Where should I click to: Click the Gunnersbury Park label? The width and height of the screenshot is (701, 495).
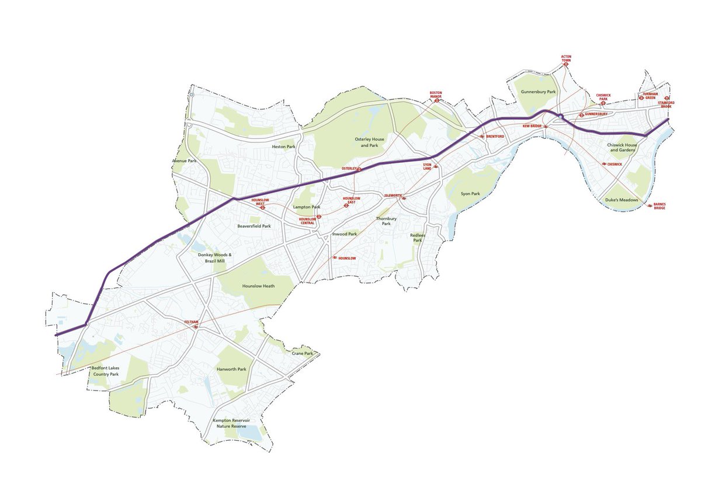point(539,92)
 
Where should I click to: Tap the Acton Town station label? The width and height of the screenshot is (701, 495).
point(566,58)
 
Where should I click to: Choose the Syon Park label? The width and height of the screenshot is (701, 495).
point(470,193)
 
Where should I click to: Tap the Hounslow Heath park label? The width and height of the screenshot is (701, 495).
point(259,286)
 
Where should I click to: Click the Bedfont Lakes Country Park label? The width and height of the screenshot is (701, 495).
point(105,371)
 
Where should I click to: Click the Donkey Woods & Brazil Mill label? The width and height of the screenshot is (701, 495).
point(210,258)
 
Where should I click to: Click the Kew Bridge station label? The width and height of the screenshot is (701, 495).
point(532,126)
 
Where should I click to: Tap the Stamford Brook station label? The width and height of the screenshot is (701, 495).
point(666,104)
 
